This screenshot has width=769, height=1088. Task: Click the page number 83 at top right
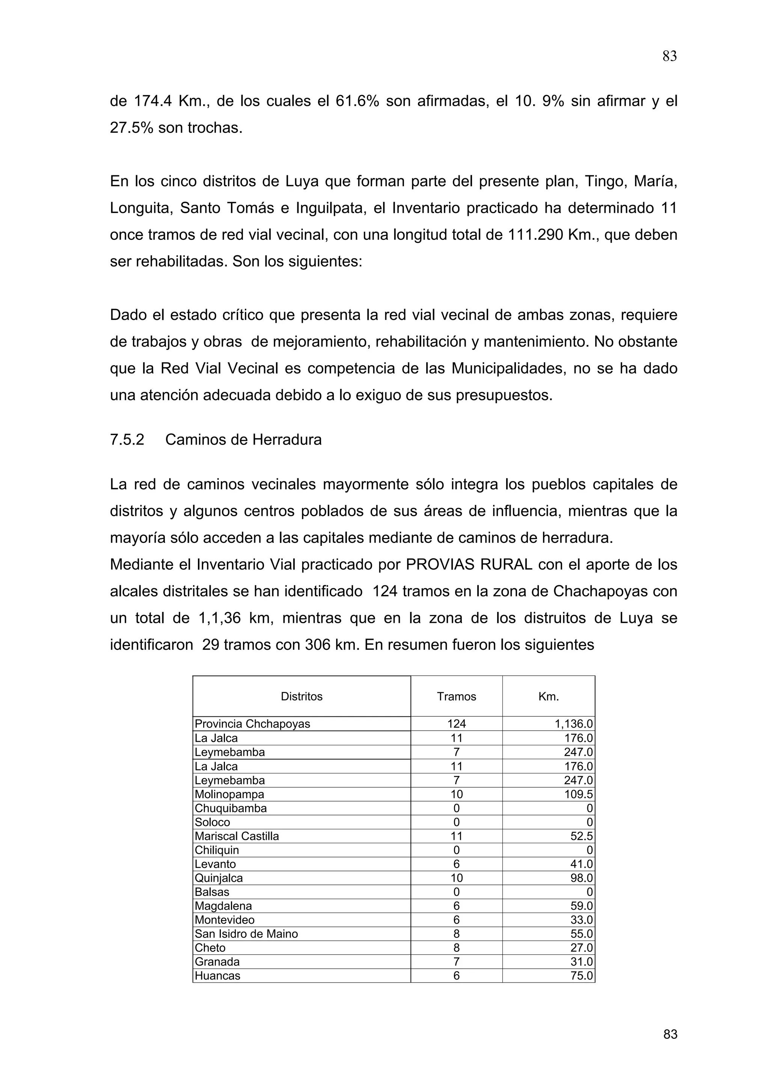tap(669, 56)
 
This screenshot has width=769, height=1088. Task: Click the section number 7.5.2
tap(127, 440)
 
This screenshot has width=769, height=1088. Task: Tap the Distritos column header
tap(302, 696)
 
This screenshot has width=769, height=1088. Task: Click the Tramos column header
tap(456, 696)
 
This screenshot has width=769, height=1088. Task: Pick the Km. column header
tap(548, 696)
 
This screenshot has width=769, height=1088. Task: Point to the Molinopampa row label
tap(229, 794)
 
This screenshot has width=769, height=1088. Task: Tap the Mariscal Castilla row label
tap(237, 836)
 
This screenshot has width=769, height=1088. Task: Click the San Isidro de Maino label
tap(246, 934)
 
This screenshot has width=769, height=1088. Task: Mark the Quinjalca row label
tap(219, 878)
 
